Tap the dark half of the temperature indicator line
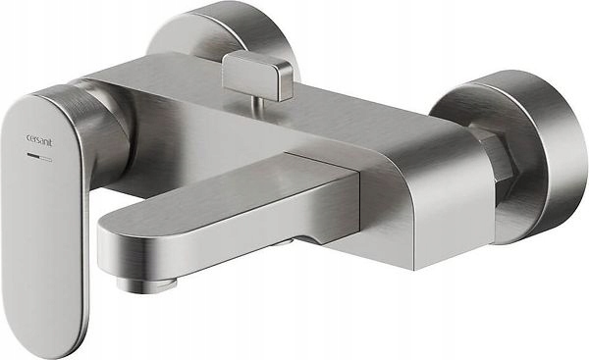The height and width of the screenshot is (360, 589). (x=33, y=155)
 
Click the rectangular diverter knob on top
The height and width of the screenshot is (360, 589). (x=256, y=76)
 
